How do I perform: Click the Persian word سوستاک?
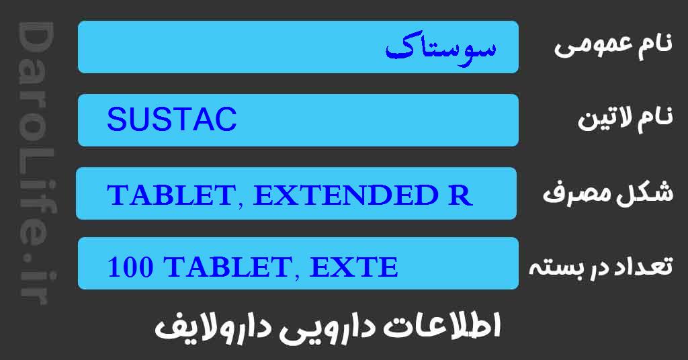(441, 48)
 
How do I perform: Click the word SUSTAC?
(172, 121)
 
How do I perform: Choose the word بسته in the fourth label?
(557, 267)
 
